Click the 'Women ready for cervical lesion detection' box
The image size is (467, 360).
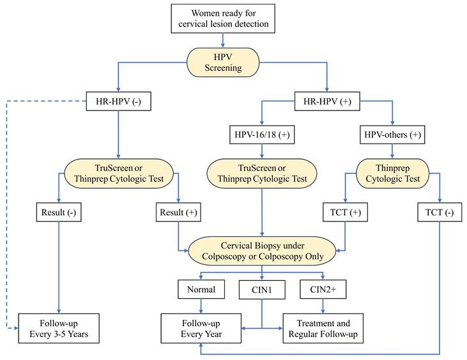tap(222, 19)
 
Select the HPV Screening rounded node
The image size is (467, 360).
tap(222, 62)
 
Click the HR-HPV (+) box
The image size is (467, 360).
tap(326, 100)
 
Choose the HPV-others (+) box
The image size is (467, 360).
tap(392, 135)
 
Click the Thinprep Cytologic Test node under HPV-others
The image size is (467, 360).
tap(392, 173)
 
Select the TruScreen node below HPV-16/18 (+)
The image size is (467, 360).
tap(262, 173)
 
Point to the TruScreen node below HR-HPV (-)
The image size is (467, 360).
tap(119, 173)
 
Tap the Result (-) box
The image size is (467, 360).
tap(59, 211)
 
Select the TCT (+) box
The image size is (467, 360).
tap(346, 211)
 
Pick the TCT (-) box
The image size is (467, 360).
tap(440, 211)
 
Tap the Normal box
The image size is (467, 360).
tap(201, 289)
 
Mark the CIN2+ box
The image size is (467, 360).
tap(323, 289)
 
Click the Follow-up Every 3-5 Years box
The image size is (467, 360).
tap(59, 328)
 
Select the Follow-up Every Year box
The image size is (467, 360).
tap(201, 328)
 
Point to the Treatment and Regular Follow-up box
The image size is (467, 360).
tap(323, 328)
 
